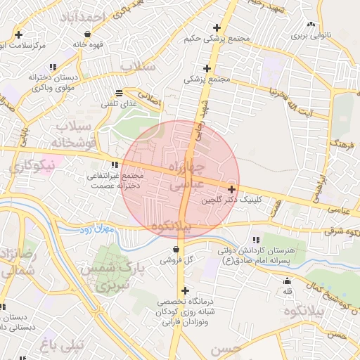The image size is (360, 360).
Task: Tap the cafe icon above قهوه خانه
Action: (x=86, y=34)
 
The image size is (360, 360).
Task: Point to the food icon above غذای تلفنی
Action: (x=120, y=93)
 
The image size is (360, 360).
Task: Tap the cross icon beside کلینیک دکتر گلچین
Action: (x=231, y=189)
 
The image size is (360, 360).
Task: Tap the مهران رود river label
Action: (x=96, y=230)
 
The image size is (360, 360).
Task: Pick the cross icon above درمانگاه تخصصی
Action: (x=185, y=290)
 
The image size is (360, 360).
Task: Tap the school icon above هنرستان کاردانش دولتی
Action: (x=255, y=240)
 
